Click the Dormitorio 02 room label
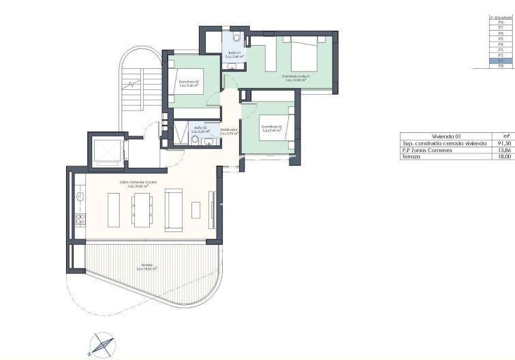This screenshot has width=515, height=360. click(x=188, y=82)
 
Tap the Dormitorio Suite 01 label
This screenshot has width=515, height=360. click(x=296, y=77)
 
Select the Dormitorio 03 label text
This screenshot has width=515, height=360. click(x=271, y=127)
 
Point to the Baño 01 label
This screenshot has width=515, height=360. click(x=234, y=54)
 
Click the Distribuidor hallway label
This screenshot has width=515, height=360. click(x=229, y=131)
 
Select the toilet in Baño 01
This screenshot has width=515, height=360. click(x=235, y=37)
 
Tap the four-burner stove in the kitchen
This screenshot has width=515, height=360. click(x=80, y=219)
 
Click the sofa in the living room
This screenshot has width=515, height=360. click(x=174, y=211)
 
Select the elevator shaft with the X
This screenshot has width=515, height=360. click(x=108, y=151)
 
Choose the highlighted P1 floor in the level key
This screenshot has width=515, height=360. click(x=501, y=60)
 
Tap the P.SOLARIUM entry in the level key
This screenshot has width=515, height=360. click(x=501, y=17)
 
